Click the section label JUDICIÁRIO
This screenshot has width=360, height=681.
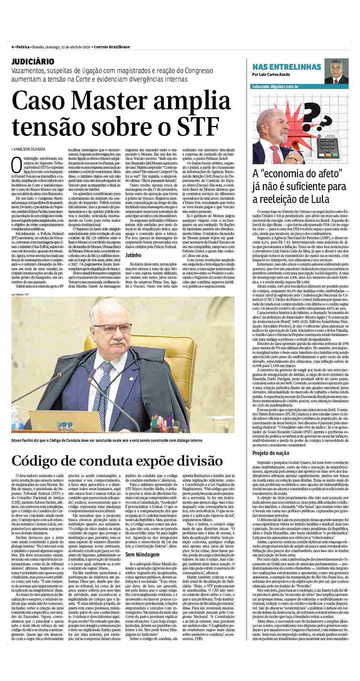tap(33, 62)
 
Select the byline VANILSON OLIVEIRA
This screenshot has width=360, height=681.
tap(30, 149)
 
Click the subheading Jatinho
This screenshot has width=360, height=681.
tap(133, 255)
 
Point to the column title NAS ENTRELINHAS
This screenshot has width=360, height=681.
tap(286, 67)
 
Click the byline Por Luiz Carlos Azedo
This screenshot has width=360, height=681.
tap(271, 75)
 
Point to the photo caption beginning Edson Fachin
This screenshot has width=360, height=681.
tap(107, 440)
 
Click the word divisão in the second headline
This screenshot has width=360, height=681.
tap(195, 460)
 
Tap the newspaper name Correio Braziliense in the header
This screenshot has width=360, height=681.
tap(112, 47)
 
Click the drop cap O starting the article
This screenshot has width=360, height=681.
tap(15, 163)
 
